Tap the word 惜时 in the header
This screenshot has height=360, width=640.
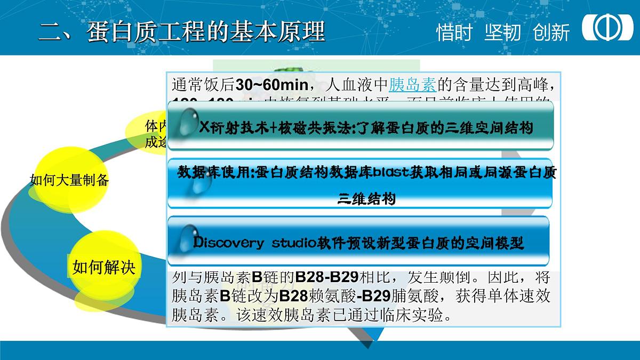click(x=454, y=33)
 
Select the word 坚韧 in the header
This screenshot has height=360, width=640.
click(x=502, y=33)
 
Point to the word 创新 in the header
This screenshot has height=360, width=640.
click(x=551, y=33)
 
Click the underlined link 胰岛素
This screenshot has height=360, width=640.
click(x=413, y=84)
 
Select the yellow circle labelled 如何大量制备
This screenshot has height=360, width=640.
click(x=69, y=180)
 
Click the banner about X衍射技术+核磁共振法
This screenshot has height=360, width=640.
click(x=361, y=126)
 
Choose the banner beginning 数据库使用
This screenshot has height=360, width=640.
click(x=361, y=183)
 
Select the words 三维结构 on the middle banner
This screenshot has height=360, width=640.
click(x=367, y=200)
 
